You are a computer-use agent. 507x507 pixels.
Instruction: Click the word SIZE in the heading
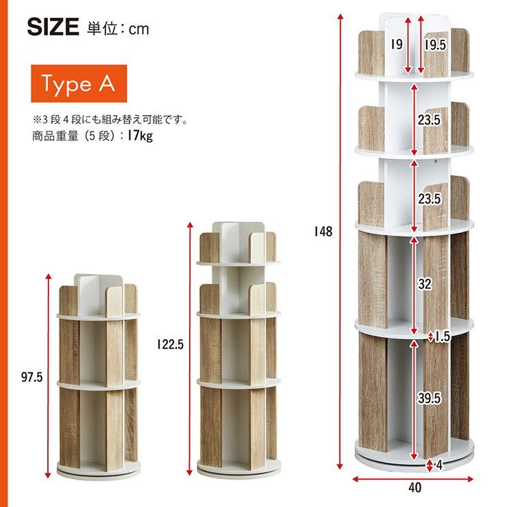[53, 27]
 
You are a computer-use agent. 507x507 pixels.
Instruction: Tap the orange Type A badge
[79, 84]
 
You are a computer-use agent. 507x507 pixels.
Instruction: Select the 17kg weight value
[140, 136]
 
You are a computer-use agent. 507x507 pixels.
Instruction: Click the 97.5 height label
[32, 377]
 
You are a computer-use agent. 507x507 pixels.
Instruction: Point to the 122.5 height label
[171, 345]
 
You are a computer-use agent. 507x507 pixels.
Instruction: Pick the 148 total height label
[323, 232]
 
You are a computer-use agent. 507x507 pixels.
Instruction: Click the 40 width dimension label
[415, 488]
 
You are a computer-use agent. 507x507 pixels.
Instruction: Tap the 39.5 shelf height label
[429, 398]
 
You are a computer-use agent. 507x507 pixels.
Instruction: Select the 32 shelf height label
[425, 284]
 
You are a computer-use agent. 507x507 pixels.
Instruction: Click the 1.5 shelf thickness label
[443, 336]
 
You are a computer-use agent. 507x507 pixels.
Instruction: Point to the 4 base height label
[439, 465]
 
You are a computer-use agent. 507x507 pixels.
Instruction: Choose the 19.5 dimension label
[436, 45]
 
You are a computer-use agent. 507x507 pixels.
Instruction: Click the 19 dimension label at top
[397, 44]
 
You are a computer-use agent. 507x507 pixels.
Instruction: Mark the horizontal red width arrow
[412, 479]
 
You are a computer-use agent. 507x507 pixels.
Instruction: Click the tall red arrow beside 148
[340, 242]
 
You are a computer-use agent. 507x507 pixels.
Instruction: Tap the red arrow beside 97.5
[48, 375]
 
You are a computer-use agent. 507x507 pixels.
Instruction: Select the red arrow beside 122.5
[190, 349]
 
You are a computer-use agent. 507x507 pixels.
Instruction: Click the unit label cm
[138, 29]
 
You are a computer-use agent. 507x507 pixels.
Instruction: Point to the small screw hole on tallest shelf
[436, 161]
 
